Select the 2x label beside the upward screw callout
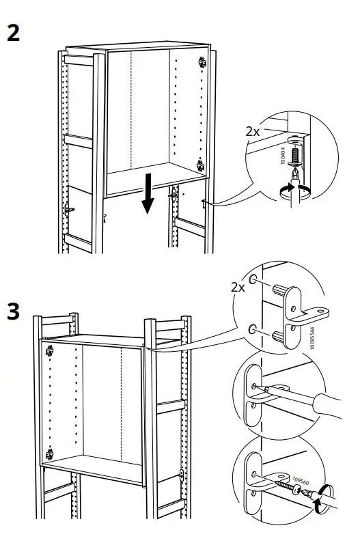click(x=253, y=130)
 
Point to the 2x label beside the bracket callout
click(x=237, y=287)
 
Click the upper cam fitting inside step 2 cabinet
click(x=202, y=61)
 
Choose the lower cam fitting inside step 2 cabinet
click(x=201, y=165)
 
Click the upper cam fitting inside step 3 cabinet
click(x=49, y=352)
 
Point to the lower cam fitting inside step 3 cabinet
click(x=50, y=454)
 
